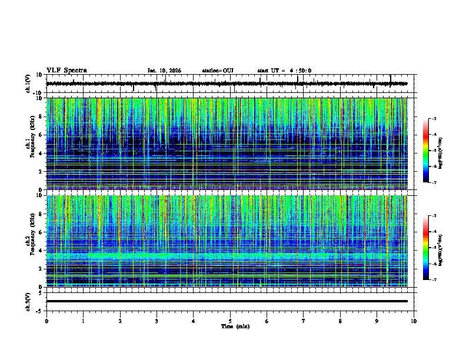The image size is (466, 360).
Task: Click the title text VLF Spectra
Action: [66, 71]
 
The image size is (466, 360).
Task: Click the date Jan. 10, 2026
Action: [164, 71]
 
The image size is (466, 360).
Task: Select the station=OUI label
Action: [218, 71]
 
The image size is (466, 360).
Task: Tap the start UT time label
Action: [284, 71]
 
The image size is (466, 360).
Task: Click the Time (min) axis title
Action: [235, 326]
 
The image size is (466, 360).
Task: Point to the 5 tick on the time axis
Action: [230, 321]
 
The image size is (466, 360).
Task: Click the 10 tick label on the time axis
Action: [414, 321]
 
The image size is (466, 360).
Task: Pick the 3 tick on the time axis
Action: [157, 321]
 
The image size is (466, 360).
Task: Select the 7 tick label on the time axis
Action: [304, 321]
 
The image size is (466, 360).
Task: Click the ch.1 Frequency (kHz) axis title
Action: [29, 144]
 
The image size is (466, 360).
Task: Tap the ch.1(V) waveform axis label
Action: [29, 84]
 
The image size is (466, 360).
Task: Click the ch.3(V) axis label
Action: [29, 301]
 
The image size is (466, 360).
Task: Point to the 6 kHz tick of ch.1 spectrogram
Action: [41, 135]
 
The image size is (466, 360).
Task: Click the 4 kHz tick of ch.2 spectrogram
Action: [41, 251]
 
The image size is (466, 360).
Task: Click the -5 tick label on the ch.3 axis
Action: [39, 310]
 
